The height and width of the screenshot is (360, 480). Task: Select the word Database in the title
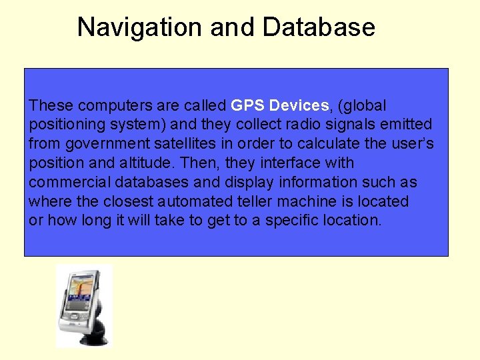[319, 27]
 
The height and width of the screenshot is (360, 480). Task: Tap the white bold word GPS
[246, 105]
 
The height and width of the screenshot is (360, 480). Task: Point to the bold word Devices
[297, 105]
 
